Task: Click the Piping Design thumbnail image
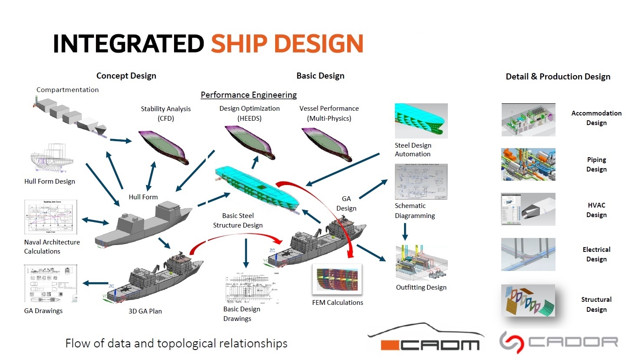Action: [528, 165]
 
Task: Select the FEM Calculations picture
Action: [337, 280]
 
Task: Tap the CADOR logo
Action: [559, 342]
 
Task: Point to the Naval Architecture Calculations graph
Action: [51, 217]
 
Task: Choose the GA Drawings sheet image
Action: [51, 283]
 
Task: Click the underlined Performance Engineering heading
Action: [249, 95]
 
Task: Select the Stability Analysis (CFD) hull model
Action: [164, 146]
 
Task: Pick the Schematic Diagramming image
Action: [421, 182]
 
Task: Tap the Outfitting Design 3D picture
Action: [421, 263]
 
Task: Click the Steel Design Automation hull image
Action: [421, 120]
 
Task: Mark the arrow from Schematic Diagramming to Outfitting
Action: [405, 231]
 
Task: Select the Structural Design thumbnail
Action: [528, 300]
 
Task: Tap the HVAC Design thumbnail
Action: [528, 209]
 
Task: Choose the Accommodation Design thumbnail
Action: [528, 120]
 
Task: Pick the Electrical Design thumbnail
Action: [528, 254]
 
